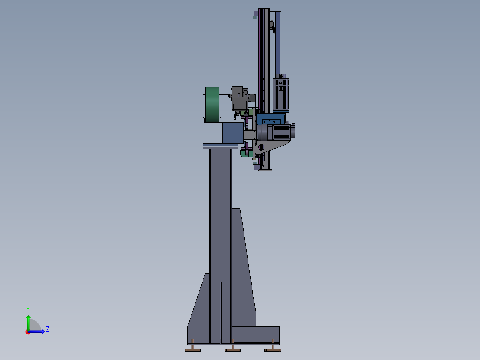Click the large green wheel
coord(212,104)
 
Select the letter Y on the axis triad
coord(28,310)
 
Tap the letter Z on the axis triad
coord(48,329)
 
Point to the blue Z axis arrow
coord(37,331)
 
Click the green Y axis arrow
coord(28,323)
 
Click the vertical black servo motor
coord(281,94)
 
